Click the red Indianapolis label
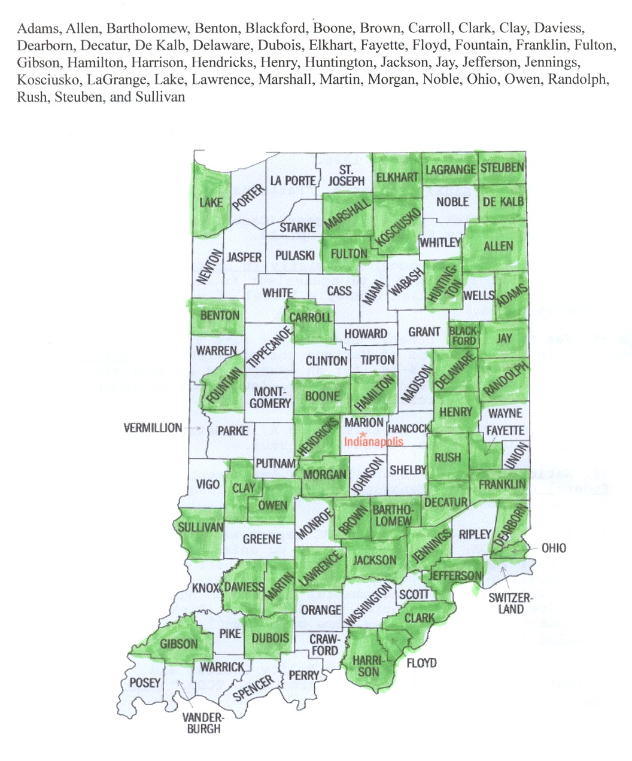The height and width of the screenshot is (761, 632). click(374, 442)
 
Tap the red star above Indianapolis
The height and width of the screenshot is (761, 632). click(363, 433)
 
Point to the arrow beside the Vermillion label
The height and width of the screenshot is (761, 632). click(195, 428)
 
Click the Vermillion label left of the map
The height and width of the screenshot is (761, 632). click(153, 428)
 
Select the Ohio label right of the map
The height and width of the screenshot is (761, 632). click(554, 548)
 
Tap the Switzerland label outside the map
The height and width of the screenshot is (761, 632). click(509, 603)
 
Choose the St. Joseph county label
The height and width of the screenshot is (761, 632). click(347, 175)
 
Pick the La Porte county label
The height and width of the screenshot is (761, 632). click(293, 180)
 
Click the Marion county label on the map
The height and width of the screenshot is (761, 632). click(364, 422)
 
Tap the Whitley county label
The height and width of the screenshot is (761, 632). click(440, 242)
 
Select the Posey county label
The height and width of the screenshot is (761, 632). click(145, 682)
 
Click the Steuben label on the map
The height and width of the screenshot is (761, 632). click(502, 168)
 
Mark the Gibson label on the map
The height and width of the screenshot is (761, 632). click(178, 644)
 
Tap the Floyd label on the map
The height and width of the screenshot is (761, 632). click(421, 663)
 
